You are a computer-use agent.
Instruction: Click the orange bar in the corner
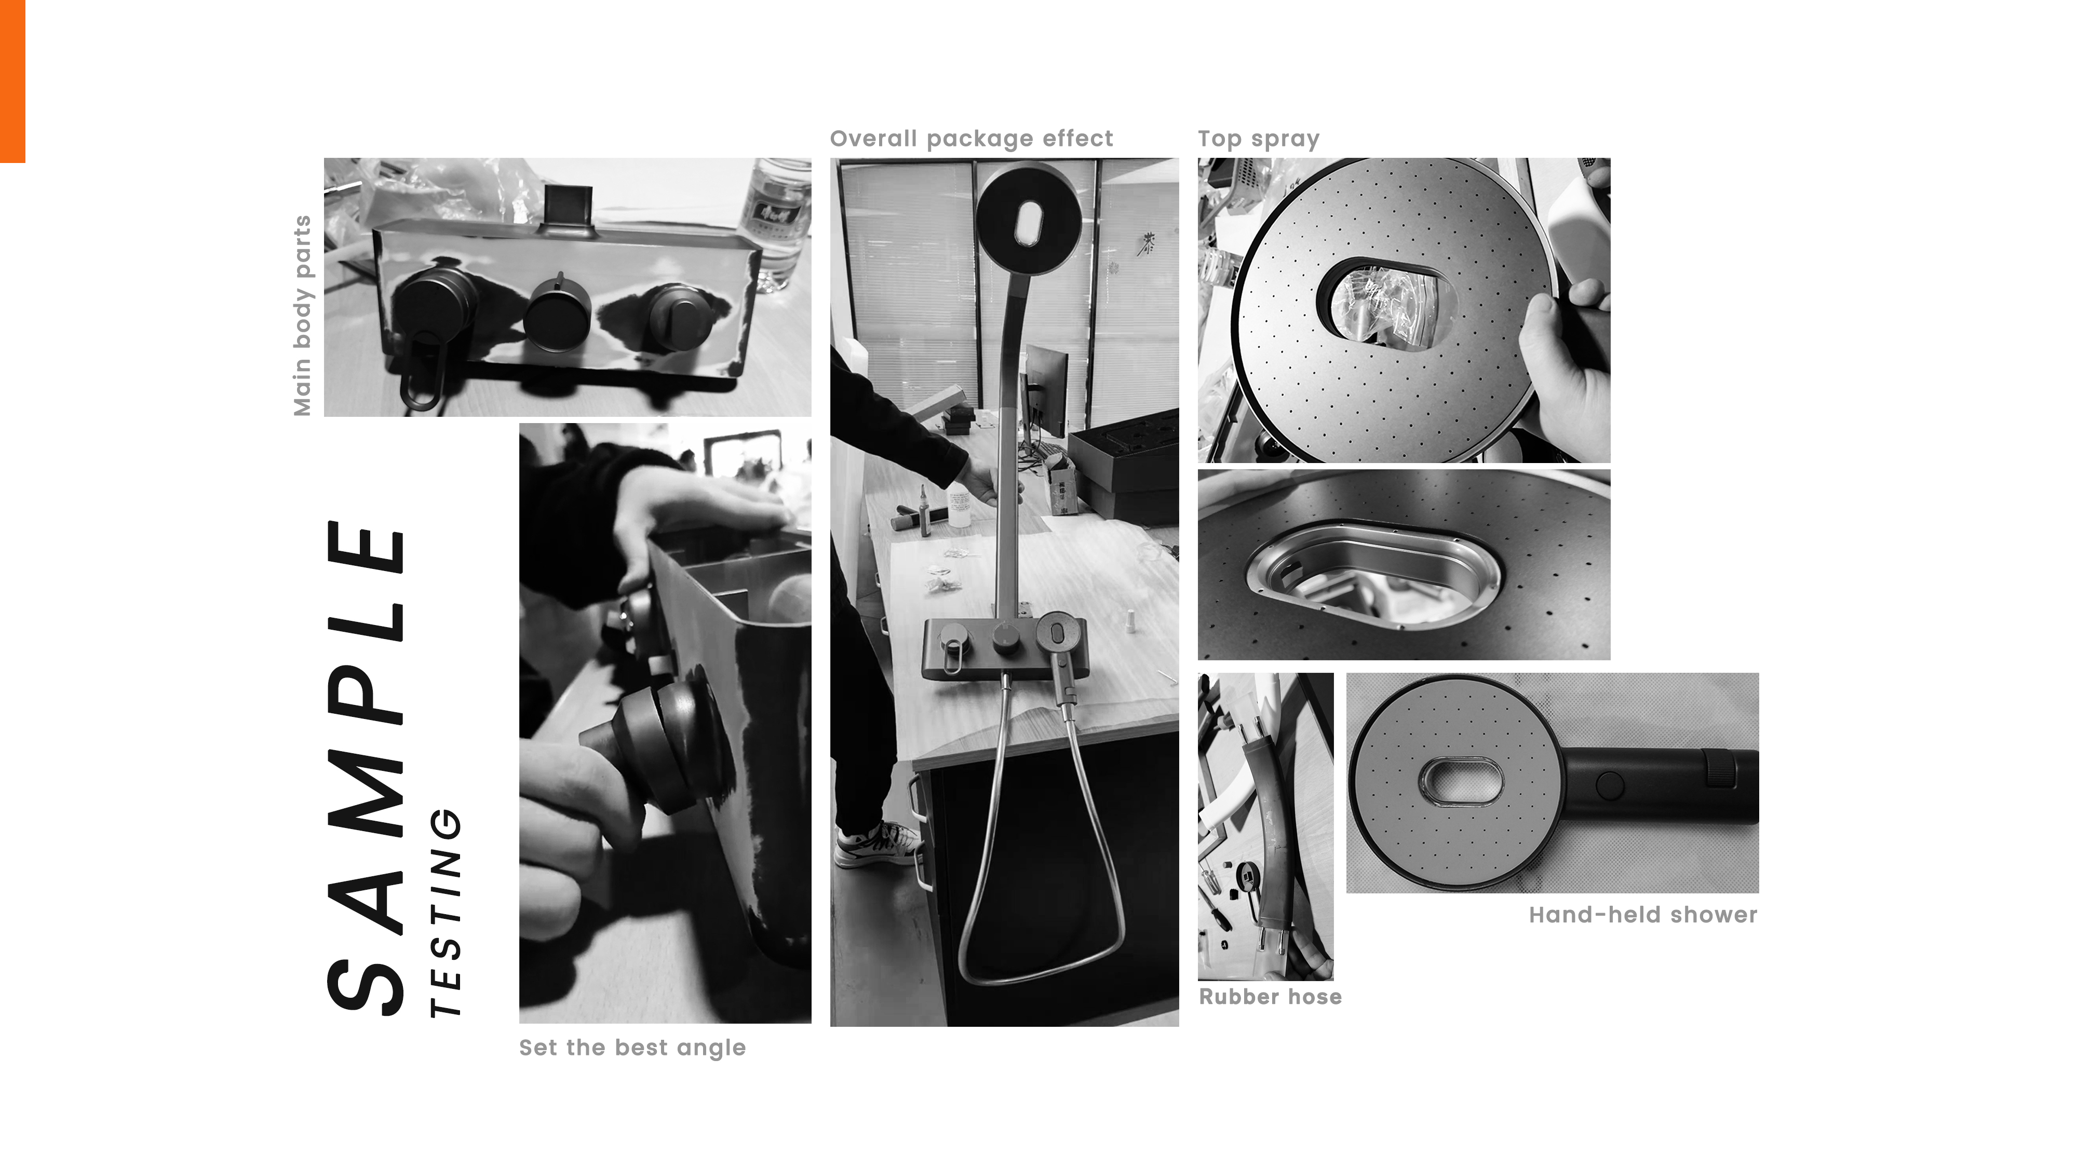point(12,80)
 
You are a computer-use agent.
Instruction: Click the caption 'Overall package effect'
point(971,139)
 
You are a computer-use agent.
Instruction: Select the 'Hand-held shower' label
point(1642,915)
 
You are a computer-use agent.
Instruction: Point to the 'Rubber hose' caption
point(1270,997)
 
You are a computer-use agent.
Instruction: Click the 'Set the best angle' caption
point(632,1048)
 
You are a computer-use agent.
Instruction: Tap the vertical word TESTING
point(446,911)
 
